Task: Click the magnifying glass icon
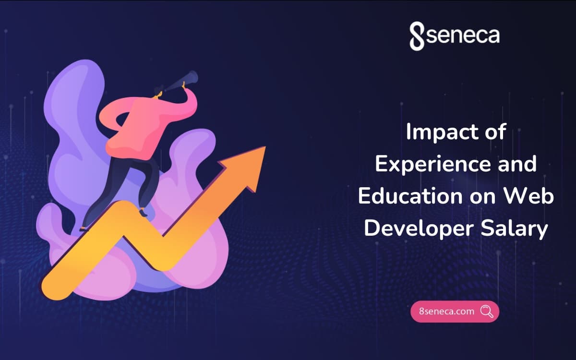click(x=486, y=312)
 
